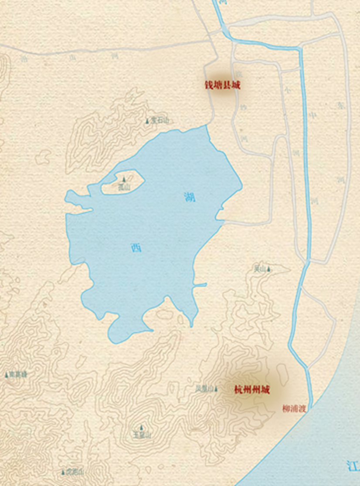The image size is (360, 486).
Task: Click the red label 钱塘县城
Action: (222, 85)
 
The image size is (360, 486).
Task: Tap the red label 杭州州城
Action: (252, 390)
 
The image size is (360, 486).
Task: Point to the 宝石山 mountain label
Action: (159, 121)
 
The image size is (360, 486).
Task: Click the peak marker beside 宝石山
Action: (147, 121)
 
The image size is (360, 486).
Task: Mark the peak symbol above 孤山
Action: (124, 179)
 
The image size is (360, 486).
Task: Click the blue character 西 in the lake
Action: (136, 248)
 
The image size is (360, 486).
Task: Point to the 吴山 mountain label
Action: (260, 269)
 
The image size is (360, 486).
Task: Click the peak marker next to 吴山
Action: (269, 269)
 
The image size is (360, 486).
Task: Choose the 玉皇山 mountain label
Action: (142, 435)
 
